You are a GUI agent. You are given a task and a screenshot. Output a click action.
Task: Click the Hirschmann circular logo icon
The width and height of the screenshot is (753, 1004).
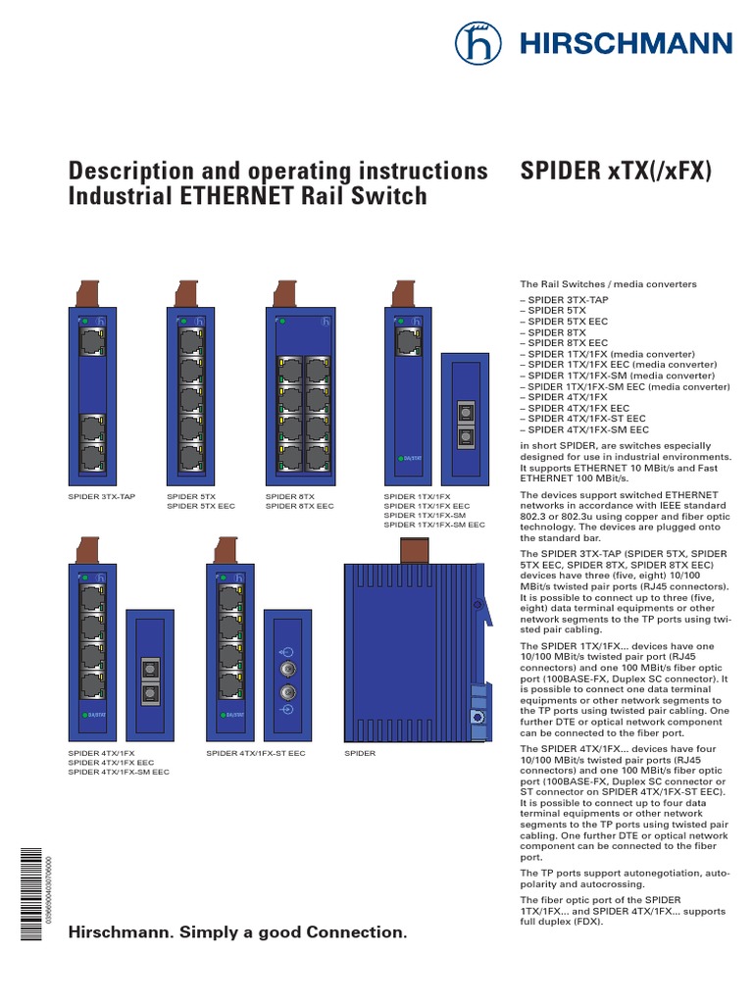(477, 43)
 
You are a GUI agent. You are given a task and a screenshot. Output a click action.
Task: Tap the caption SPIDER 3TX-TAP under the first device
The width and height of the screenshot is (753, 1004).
(101, 497)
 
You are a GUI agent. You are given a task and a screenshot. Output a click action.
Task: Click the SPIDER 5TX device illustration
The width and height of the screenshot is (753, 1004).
(190, 392)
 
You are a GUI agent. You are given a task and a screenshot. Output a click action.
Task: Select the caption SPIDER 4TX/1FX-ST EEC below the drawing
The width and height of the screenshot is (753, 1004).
(255, 753)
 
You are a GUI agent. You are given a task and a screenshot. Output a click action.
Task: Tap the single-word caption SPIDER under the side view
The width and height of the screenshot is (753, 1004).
(360, 753)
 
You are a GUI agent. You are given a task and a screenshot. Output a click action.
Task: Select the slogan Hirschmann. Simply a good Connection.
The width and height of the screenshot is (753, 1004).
(236, 931)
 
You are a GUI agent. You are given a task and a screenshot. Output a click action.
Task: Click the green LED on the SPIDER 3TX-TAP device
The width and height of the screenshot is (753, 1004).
(85, 321)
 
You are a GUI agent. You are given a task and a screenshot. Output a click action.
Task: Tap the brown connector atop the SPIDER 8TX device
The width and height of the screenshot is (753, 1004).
(286, 291)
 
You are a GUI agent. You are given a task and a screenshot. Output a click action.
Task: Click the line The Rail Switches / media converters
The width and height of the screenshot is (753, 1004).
(608, 284)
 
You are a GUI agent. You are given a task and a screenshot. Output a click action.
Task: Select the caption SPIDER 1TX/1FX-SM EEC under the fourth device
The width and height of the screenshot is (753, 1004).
(434, 525)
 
